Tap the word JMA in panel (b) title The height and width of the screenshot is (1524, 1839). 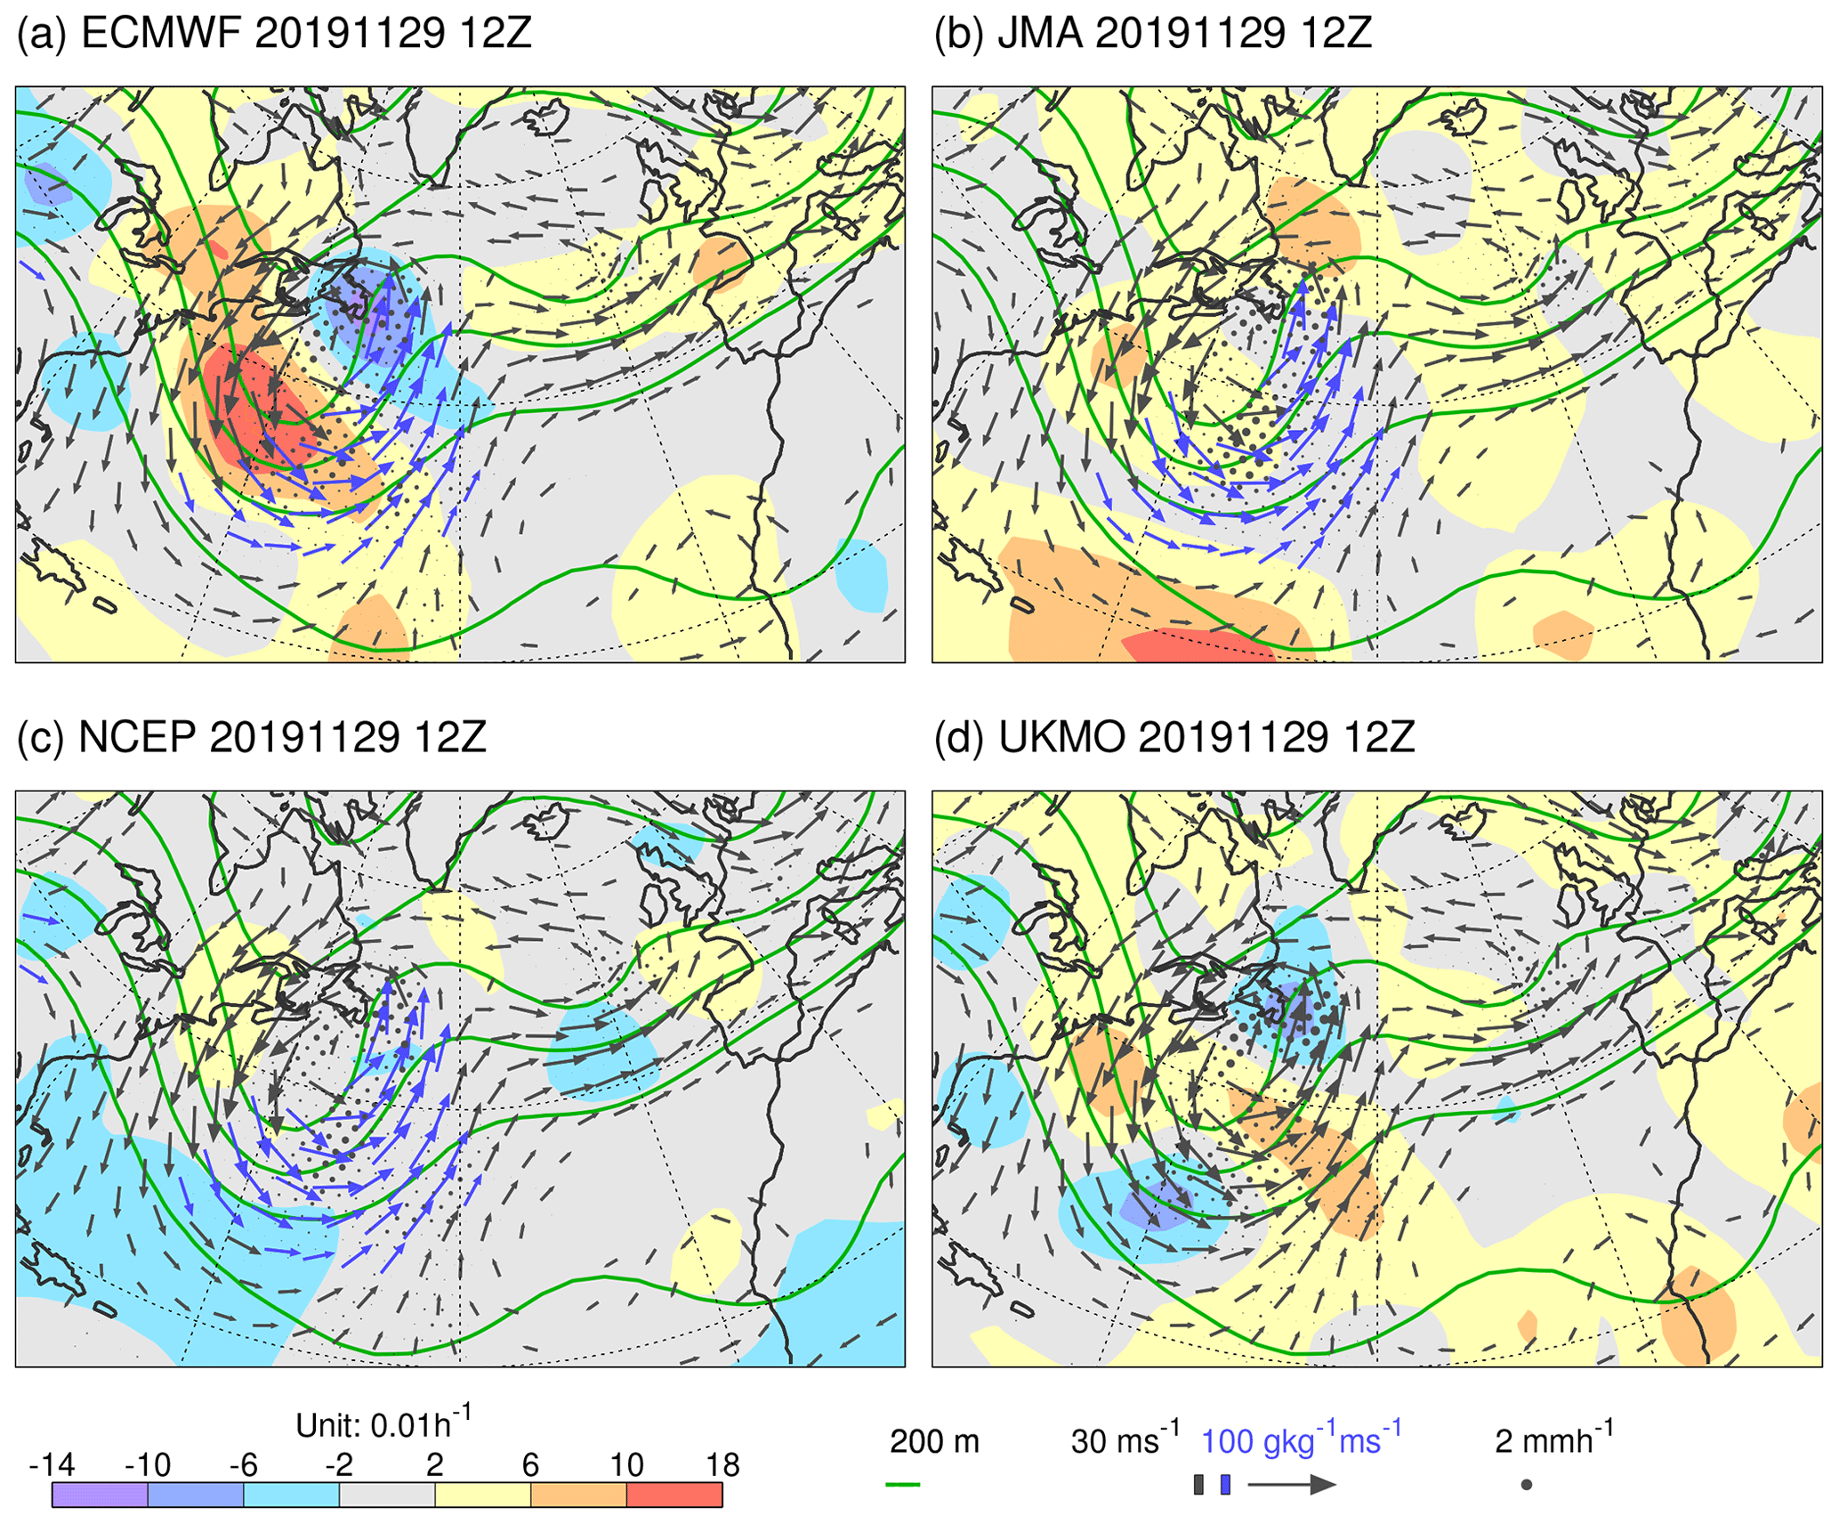[1039, 34]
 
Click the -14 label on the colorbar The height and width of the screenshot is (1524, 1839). [52, 1464]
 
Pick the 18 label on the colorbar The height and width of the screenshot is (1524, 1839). [722, 1464]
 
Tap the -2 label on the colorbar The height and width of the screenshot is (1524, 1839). [338, 1464]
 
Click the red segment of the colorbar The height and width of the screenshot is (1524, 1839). [674, 1495]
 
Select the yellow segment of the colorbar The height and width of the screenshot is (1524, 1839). [483, 1495]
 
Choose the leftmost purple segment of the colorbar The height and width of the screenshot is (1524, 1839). [100, 1495]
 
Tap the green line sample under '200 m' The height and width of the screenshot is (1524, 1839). [903, 1485]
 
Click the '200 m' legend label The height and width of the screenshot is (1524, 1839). [934, 1441]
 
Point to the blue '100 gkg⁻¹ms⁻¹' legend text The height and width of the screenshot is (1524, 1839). [1301, 1440]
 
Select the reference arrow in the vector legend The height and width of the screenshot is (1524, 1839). [1292, 1484]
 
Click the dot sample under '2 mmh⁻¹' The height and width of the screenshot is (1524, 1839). [1526, 1485]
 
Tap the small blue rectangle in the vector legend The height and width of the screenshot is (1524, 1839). [1225, 1484]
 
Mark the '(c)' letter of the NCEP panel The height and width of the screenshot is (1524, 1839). [41, 737]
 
